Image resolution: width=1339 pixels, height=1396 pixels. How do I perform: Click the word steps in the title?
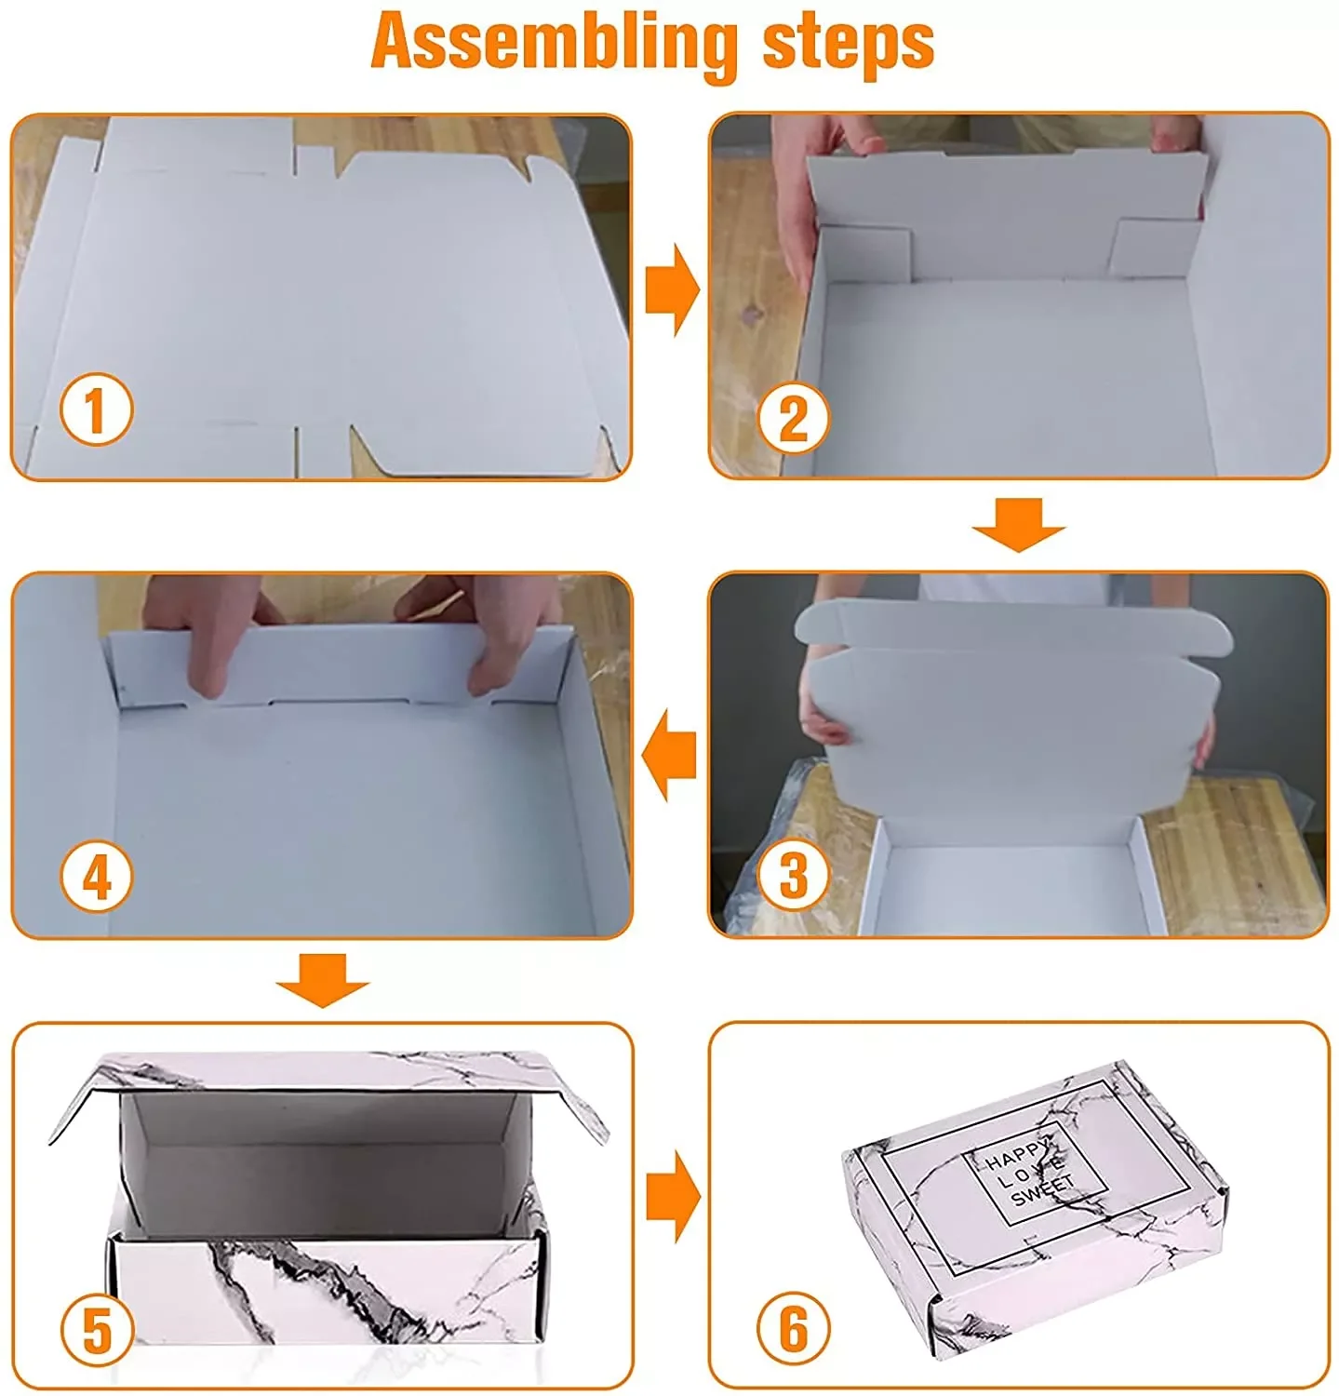click(849, 43)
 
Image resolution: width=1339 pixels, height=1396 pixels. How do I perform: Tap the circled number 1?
click(97, 409)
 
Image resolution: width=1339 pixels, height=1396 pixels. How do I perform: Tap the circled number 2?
click(793, 418)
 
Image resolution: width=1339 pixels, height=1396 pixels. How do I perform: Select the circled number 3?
click(793, 875)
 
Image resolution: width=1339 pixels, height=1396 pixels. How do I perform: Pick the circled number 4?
click(97, 876)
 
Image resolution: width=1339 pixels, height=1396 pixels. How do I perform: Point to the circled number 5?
click(97, 1331)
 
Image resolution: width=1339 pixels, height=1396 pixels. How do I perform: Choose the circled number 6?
click(793, 1328)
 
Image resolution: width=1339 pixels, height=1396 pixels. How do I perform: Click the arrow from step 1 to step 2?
click(672, 289)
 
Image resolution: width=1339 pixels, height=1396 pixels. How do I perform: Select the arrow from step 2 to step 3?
click(1018, 525)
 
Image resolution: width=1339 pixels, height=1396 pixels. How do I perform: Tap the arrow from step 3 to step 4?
click(669, 755)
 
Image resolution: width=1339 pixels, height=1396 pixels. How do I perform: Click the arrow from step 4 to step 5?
click(322, 980)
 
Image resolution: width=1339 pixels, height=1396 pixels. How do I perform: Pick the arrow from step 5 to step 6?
click(672, 1197)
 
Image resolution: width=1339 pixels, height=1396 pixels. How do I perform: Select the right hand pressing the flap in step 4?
click(475, 633)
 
